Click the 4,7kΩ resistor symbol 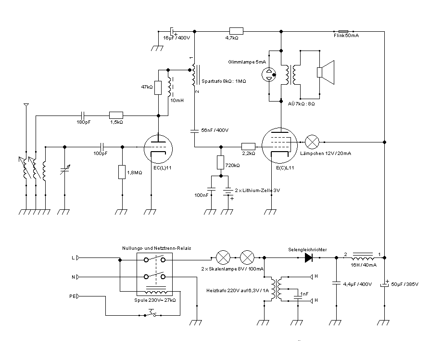[x=236, y=31]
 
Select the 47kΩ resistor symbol [x=158, y=88]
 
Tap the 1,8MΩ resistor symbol [x=122, y=172]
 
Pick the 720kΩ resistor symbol [x=220, y=162]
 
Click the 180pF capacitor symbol [x=83, y=116]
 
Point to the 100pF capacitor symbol [x=102, y=147]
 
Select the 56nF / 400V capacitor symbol [x=194, y=131]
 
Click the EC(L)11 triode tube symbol [x=158, y=149]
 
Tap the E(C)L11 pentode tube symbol [x=279, y=145]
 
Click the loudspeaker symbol [x=326, y=72]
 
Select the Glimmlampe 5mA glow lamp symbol [x=269, y=75]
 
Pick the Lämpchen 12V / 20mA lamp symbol [x=312, y=142]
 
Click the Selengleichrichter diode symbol [x=309, y=257]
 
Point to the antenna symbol [x=26, y=105]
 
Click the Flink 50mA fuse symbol [x=343, y=32]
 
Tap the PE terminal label [x=73, y=296]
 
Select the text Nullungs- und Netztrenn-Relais [x=156, y=248]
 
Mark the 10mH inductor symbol [x=169, y=87]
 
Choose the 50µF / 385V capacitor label [x=405, y=284]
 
